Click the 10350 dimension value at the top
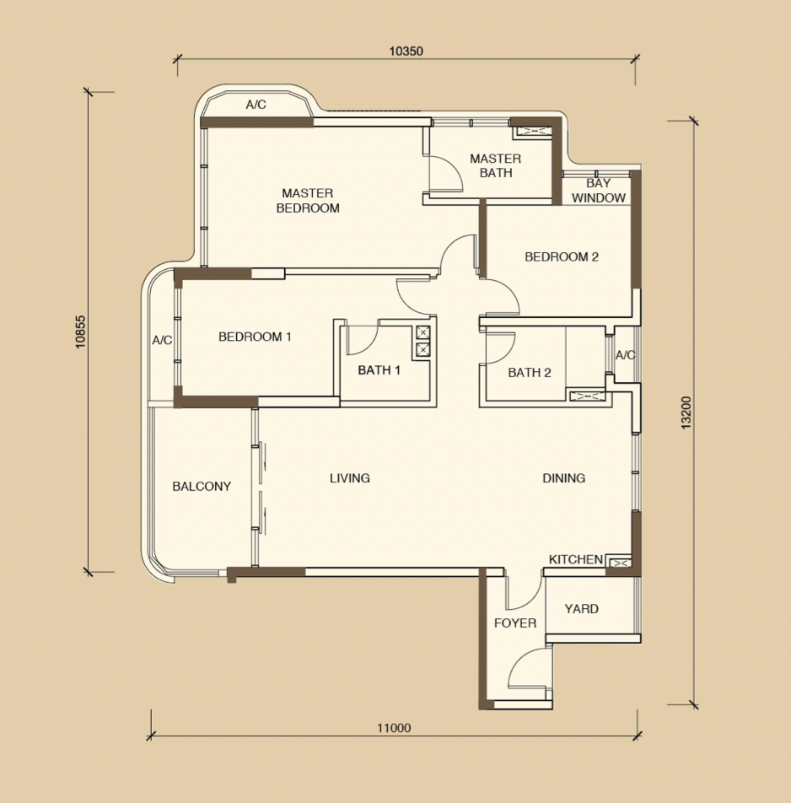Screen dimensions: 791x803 [x=406, y=51]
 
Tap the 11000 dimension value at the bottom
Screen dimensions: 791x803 [x=394, y=728]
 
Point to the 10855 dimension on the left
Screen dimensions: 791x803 [x=80, y=331]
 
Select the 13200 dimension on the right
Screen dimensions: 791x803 [x=686, y=412]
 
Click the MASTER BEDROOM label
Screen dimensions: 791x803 [x=308, y=201]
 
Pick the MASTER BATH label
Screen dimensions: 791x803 [x=496, y=166]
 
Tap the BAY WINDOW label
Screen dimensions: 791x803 [x=599, y=191]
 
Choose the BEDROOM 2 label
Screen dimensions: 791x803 [x=562, y=256]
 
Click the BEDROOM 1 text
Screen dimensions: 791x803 [x=255, y=337]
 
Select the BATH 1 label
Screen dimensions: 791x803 [x=379, y=369]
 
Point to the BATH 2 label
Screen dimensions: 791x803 [x=530, y=372]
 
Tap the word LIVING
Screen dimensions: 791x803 [x=350, y=477]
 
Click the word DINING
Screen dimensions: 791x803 [x=563, y=477]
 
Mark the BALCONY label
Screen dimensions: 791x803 [x=202, y=486]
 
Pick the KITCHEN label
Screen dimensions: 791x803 [x=576, y=559]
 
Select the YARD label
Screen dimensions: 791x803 [x=582, y=608]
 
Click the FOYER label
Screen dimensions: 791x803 [x=515, y=622]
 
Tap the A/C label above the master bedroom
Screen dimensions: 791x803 [x=256, y=105]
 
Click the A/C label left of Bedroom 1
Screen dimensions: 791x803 [x=162, y=340]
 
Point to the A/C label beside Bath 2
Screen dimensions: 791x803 [x=625, y=355]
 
